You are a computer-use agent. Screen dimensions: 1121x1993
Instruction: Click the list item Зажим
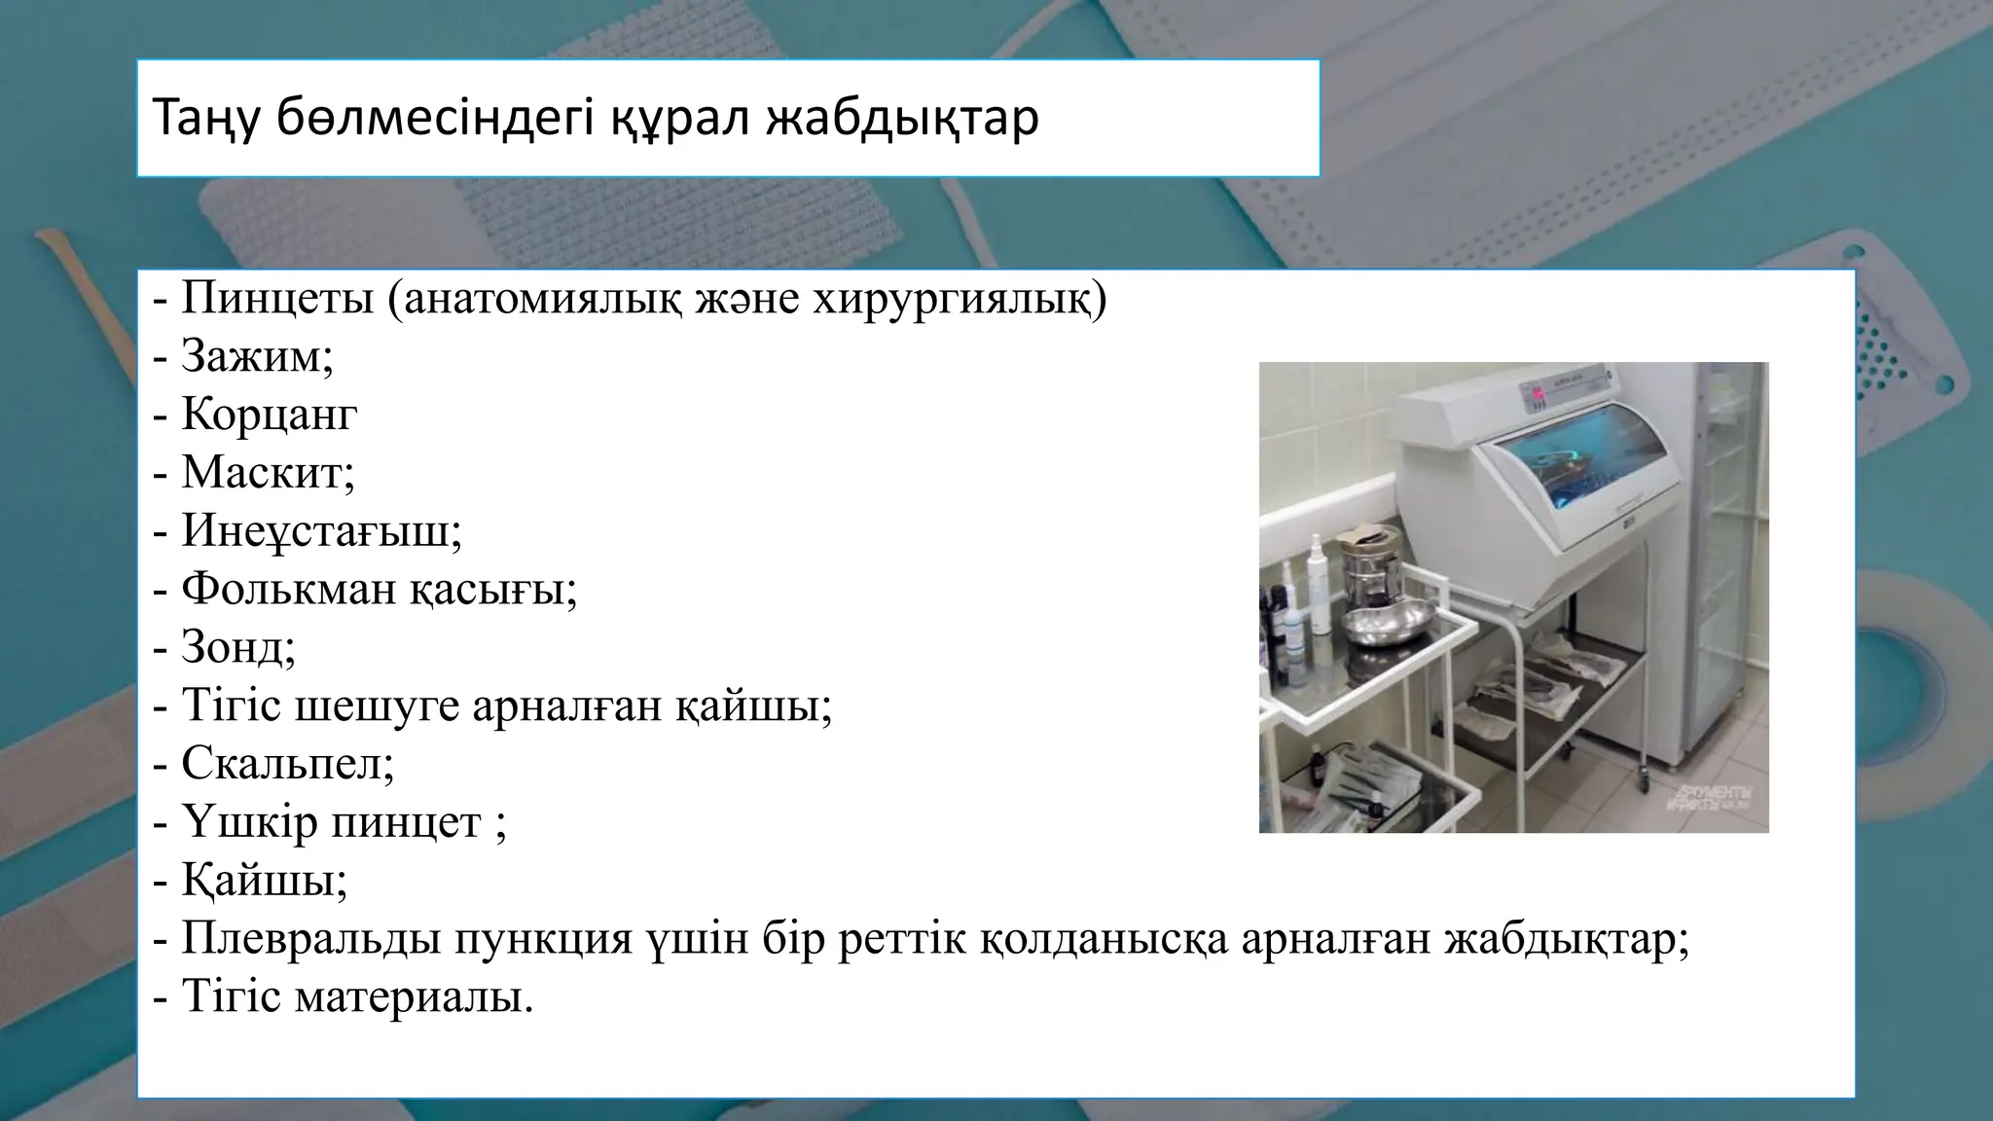tap(257, 356)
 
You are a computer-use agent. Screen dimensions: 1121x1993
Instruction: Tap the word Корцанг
tap(269, 415)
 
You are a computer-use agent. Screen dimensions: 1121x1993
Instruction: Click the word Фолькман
tap(287, 589)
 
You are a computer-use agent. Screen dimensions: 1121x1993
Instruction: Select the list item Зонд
tap(237, 647)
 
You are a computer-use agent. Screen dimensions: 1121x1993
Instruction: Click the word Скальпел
tap(287, 764)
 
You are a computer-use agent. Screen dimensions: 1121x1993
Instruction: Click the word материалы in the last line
tap(414, 997)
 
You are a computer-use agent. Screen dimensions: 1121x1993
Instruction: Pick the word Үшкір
tap(248, 822)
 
